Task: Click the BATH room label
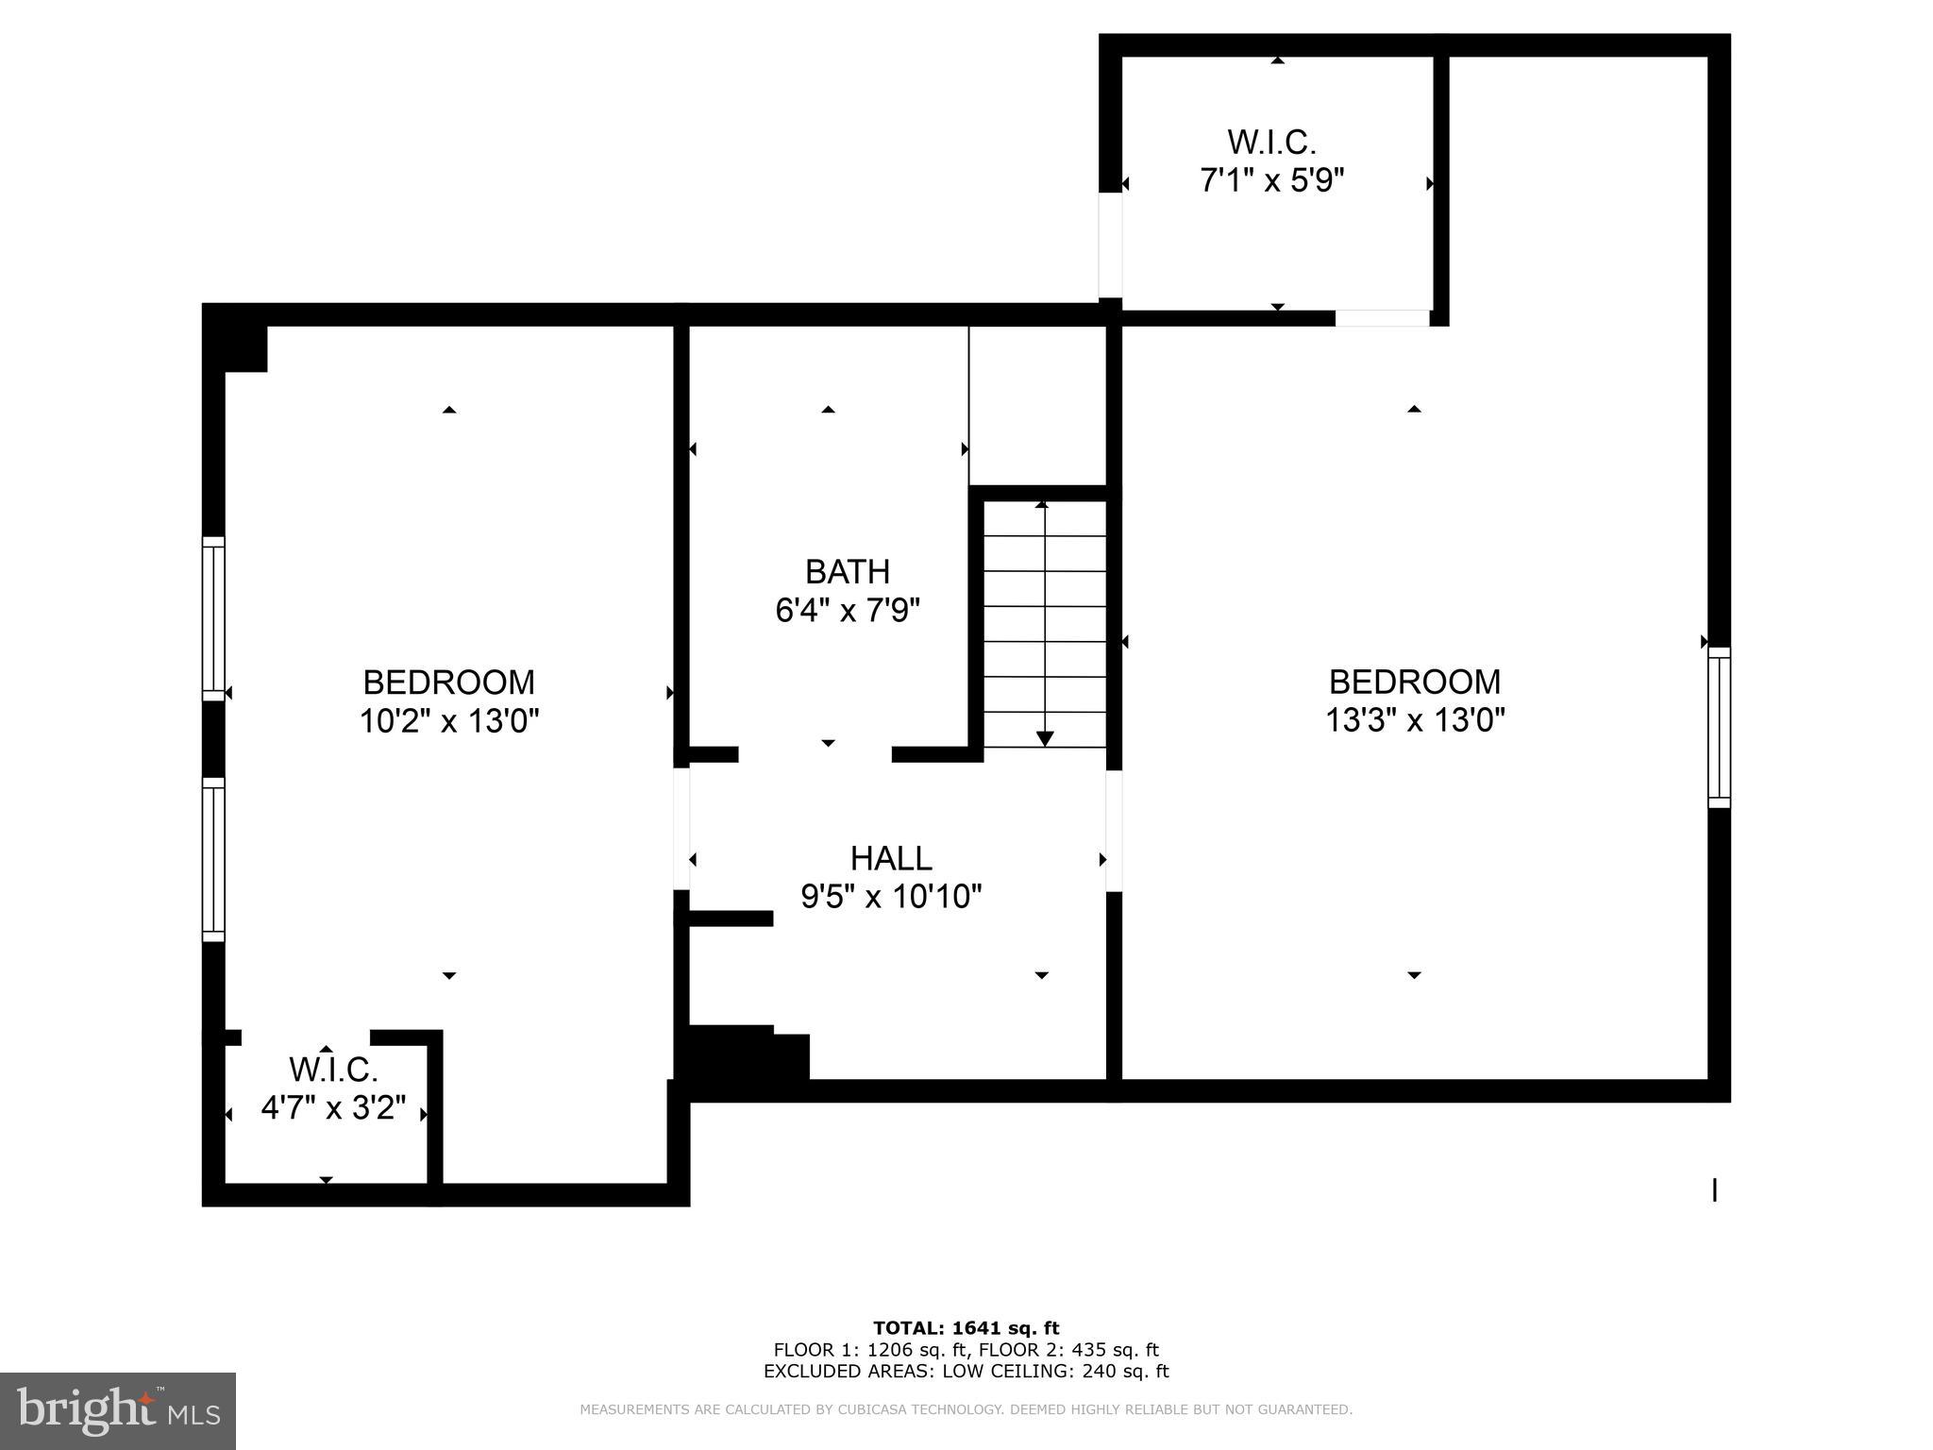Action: (x=847, y=572)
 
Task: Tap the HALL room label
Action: (x=891, y=858)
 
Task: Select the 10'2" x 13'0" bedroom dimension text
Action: (x=448, y=722)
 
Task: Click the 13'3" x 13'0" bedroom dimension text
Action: (x=1414, y=721)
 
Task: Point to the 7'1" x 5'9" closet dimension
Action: (x=1271, y=179)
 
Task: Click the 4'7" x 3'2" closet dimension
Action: (x=333, y=1107)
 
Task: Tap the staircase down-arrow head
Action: (x=1045, y=738)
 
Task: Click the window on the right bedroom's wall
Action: (x=1719, y=727)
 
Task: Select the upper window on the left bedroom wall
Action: (x=214, y=618)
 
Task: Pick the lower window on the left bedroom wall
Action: (x=214, y=859)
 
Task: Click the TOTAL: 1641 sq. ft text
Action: (x=966, y=1328)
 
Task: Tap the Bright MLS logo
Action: (x=118, y=1410)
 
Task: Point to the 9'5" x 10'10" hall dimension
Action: (x=891, y=897)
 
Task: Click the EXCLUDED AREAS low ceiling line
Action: (x=966, y=1371)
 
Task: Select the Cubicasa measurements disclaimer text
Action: (x=966, y=1409)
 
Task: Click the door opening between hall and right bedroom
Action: (x=1114, y=831)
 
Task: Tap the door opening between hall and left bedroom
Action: (x=681, y=828)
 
